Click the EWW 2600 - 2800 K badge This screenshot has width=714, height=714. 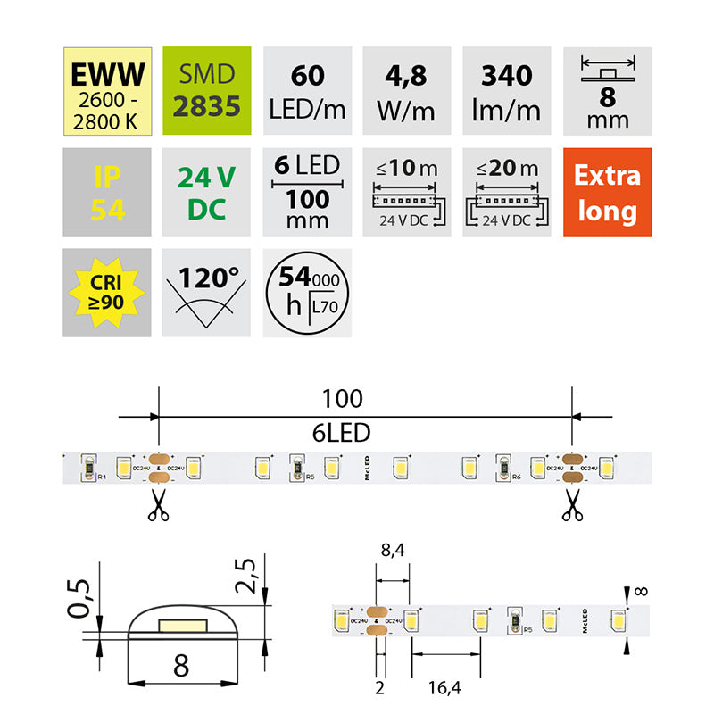107,91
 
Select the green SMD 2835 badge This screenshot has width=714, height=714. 208,91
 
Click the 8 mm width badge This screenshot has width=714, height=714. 607,91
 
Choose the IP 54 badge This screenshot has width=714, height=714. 107,192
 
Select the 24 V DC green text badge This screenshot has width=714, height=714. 208,192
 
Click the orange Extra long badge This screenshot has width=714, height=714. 607,192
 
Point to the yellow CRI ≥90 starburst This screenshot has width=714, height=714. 107,292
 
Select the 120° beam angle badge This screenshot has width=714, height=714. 208,292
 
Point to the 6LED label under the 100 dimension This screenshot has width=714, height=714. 343,433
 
